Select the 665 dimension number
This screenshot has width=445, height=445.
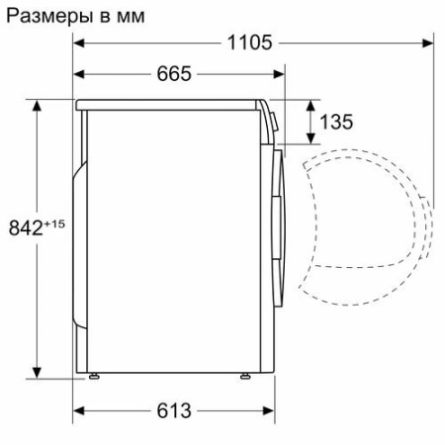coord(173,74)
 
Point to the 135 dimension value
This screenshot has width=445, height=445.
coord(337,123)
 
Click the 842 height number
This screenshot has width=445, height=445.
coord(30,228)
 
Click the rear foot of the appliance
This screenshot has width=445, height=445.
coord(95,376)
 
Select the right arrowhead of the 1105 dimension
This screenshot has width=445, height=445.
coord(426,42)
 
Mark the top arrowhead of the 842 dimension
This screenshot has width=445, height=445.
coord(38,104)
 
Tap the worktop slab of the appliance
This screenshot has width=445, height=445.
coord(168,103)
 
